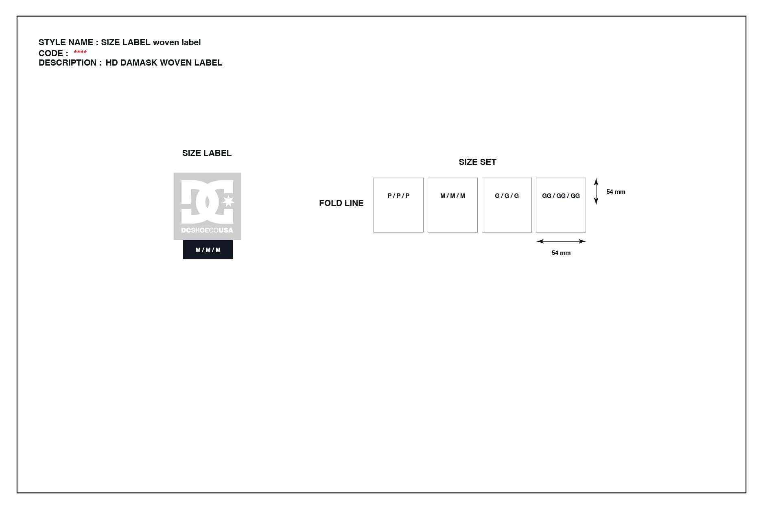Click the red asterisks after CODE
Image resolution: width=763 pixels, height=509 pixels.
pyautogui.click(x=80, y=52)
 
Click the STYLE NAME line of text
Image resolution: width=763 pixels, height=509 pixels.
pyautogui.click(x=120, y=42)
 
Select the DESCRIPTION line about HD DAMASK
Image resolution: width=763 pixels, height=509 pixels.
pyautogui.click(x=130, y=63)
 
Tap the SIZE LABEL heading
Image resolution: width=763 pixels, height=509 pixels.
pyautogui.click(x=207, y=153)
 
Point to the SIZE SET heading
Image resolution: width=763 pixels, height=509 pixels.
pyautogui.click(x=477, y=162)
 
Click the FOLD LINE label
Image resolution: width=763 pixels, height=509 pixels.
pyautogui.click(x=341, y=203)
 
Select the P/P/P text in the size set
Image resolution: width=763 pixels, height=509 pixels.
pyautogui.click(x=398, y=196)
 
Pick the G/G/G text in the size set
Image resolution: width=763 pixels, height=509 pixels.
pyautogui.click(x=507, y=196)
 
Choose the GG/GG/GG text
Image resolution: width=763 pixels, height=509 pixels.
pyautogui.click(x=561, y=196)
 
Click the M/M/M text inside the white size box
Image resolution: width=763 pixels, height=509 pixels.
pyautogui.click(x=453, y=196)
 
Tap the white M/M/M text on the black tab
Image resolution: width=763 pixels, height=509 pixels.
pyautogui.click(x=208, y=250)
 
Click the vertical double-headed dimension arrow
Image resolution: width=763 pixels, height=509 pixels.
pyautogui.click(x=596, y=191)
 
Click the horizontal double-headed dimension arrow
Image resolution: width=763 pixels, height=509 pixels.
pyautogui.click(x=561, y=241)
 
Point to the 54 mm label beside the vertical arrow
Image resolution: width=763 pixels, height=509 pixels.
pyautogui.click(x=616, y=192)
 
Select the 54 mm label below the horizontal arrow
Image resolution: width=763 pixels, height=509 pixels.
pyautogui.click(x=561, y=253)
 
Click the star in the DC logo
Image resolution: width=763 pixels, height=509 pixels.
pyautogui.click(x=228, y=201)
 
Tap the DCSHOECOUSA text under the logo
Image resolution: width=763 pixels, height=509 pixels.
pyautogui.click(x=207, y=230)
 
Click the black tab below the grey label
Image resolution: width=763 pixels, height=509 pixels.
pyautogui.click(x=208, y=250)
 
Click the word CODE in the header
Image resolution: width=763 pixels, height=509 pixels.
pyautogui.click(x=51, y=53)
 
